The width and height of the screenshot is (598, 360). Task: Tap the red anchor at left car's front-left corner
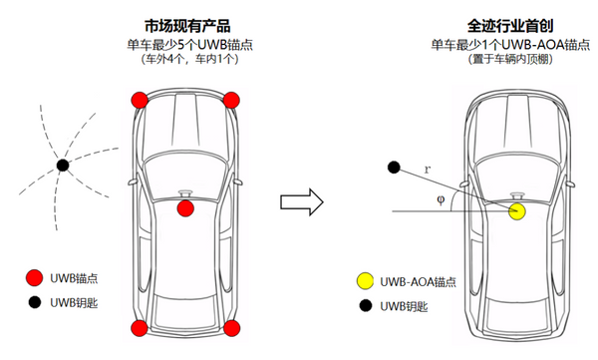click(x=140, y=99)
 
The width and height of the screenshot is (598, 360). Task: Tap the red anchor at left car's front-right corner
click(x=231, y=99)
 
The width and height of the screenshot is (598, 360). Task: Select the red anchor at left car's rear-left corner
click(x=140, y=328)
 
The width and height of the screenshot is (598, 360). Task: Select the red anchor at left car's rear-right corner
click(x=231, y=328)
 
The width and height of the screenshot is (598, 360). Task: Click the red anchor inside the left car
click(x=185, y=208)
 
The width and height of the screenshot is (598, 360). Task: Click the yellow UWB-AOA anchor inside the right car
click(x=516, y=211)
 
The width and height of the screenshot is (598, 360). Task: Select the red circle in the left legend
click(x=35, y=278)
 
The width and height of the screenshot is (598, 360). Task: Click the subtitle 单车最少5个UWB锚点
click(x=184, y=44)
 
